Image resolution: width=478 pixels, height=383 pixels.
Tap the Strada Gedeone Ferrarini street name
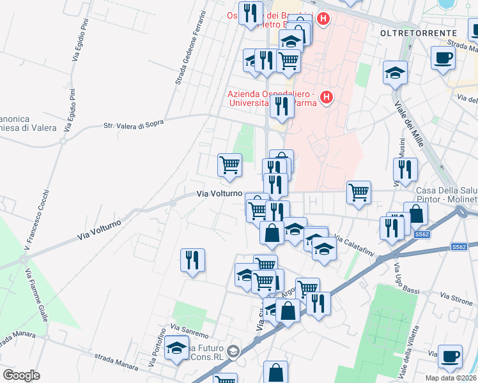coord(189,48)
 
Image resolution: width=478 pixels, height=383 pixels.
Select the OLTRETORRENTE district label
coord(419,33)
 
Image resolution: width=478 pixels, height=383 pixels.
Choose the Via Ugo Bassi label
coord(406,278)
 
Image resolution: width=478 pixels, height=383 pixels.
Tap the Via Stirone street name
coord(456,296)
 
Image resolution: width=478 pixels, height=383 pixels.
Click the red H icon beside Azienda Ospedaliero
coord(327,97)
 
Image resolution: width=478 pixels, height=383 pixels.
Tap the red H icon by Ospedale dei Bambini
coord(323,19)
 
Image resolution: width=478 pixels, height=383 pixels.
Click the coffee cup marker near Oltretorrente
coord(443,59)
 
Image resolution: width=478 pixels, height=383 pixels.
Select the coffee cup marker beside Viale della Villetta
coord(450,356)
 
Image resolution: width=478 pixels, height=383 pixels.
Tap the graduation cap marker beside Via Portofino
coord(176,348)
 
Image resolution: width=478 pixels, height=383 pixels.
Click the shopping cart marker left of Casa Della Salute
coord(359,191)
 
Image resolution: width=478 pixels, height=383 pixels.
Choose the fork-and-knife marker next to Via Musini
coord(405,169)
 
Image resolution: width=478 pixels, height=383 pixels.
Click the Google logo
coord(21,375)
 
